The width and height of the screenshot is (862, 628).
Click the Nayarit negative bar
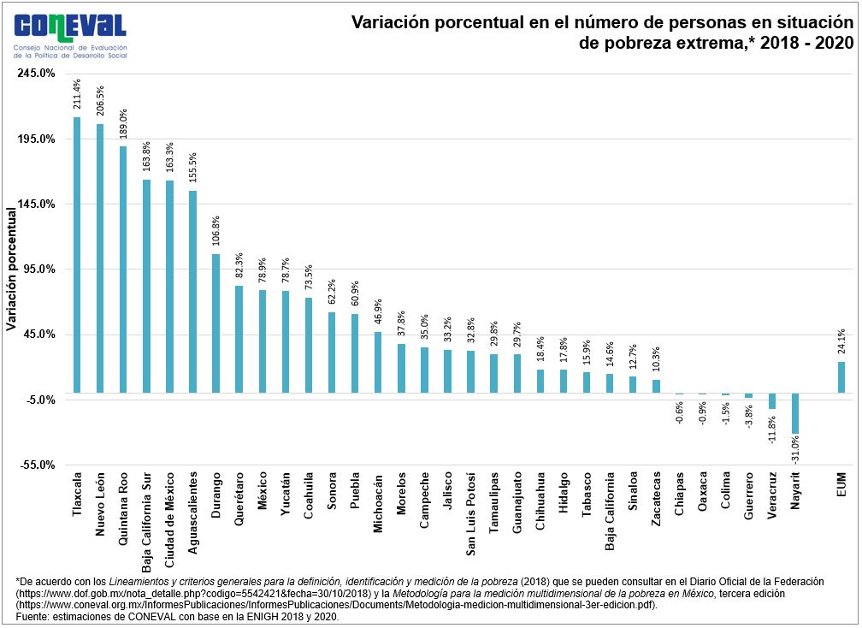(795, 413)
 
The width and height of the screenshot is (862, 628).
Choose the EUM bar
(841, 377)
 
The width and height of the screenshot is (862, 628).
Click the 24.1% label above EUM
(841, 342)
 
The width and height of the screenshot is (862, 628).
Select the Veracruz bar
(772, 401)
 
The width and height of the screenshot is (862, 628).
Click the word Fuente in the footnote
(34, 616)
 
